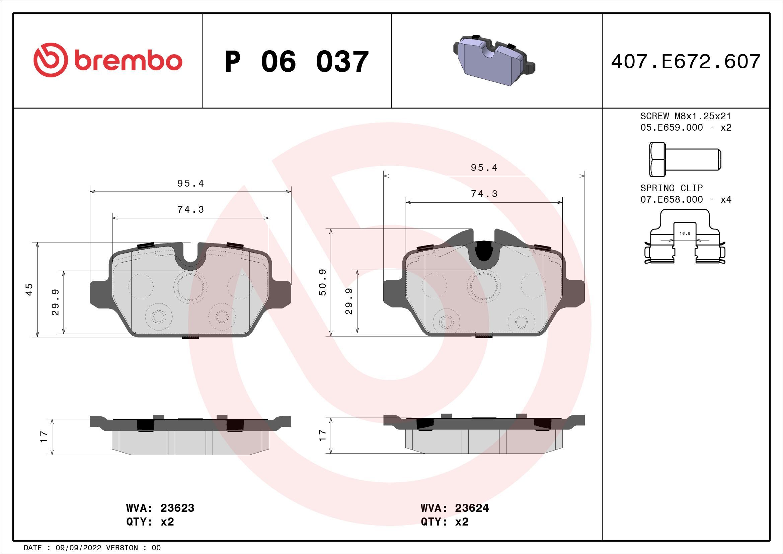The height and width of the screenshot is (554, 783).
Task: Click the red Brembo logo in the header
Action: pyautogui.click(x=108, y=60)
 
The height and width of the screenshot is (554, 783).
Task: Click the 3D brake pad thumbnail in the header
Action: pyautogui.click(x=494, y=60)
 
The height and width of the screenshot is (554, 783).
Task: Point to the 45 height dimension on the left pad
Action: pyautogui.click(x=29, y=289)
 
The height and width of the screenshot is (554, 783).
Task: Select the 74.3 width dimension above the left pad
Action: pyautogui.click(x=190, y=209)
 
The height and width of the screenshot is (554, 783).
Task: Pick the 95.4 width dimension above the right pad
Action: pyautogui.click(x=484, y=167)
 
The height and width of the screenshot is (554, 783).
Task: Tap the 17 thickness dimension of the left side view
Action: pyautogui.click(x=43, y=437)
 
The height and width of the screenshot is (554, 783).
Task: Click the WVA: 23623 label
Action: pyautogui.click(x=160, y=508)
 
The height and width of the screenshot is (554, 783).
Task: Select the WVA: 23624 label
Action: pyautogui.click(x=455, y=508)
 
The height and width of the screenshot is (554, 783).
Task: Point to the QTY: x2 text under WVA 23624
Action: pyautogui.click(x=445, y=522)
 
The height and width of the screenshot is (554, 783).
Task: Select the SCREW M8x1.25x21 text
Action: pyautogui.click(x=686, y=116)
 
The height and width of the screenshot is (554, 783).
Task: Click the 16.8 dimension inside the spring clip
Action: pyautogui.click(x=685, y=234)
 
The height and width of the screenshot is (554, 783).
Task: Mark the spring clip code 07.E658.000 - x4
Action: pyautogui.click(x=686, y=199)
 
